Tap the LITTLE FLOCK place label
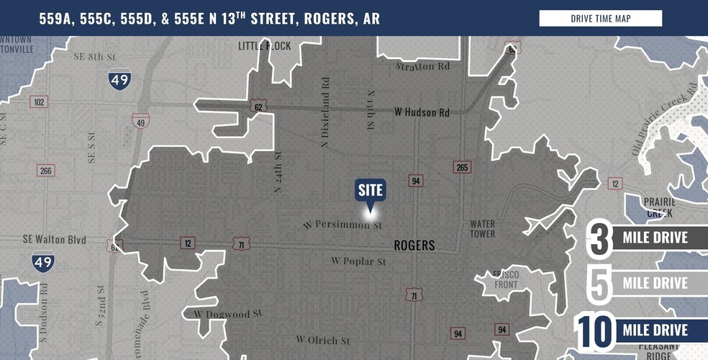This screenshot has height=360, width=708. point(265,46)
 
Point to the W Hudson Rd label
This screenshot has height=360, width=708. point(422,112)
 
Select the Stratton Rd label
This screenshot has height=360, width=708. point(423,66)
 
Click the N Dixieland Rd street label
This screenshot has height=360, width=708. point(326,120)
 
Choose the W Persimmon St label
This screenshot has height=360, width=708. point(342,225)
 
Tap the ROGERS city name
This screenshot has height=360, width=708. point(414,246)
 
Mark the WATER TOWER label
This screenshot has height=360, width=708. point(482,229)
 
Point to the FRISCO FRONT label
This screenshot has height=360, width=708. point(506,279)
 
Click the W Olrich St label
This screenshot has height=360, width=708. point(322,340)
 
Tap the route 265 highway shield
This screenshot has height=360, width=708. point(462,167)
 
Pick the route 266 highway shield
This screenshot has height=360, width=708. point(46,171)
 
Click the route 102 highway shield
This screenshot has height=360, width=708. point(39,102)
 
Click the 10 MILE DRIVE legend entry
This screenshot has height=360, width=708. point(640,330)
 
